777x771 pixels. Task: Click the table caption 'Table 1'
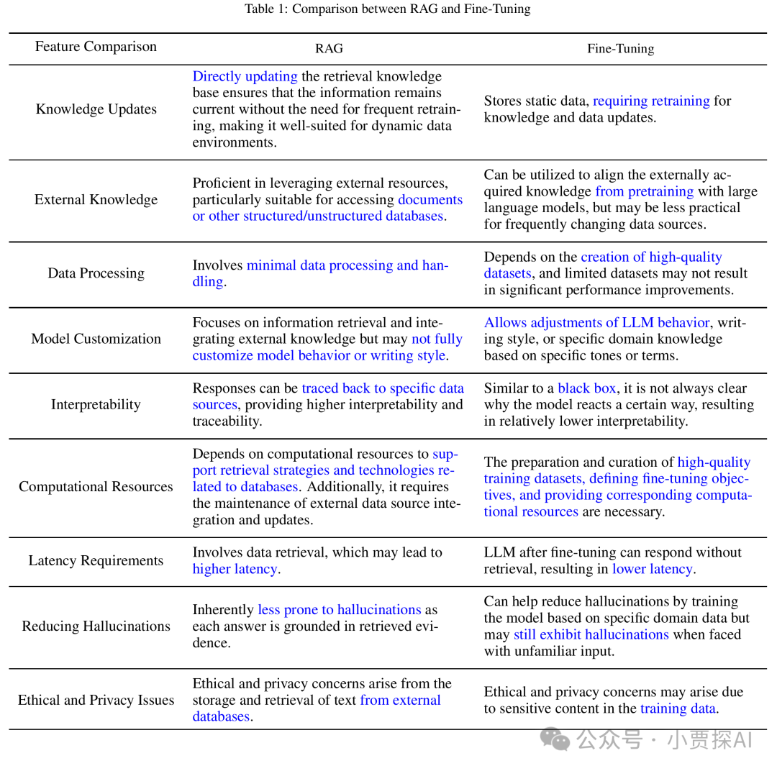(x=387, y=9)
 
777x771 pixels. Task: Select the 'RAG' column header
(x=329, y=49)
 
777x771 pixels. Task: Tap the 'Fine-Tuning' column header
(x=620, y=49)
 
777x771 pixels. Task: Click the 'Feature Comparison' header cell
(x=96, y=47)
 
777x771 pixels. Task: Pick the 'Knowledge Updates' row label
(x=96, y=109)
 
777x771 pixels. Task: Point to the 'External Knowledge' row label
(x=96, y=200)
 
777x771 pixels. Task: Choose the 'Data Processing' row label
(x=96, y=273)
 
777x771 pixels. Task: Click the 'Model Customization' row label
(x=96, y=339)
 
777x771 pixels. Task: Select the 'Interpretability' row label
(x=96, y=404)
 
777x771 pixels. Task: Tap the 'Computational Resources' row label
(x=96, y=487)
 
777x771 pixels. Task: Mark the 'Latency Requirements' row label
(x=96, y=561)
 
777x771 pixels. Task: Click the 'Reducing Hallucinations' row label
(x=96, y=626)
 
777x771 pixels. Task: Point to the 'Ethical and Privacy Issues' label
(x=96, y=701)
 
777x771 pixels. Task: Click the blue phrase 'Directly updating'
(x=245, y=76)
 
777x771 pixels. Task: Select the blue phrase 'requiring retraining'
(x=651, y=101)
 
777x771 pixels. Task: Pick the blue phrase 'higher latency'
(x=235, y=569)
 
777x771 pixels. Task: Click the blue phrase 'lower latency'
(x=652, y=569)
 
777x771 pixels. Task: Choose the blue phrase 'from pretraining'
(x=644, y=191)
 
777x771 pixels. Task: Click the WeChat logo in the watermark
(x=556, y=738)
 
